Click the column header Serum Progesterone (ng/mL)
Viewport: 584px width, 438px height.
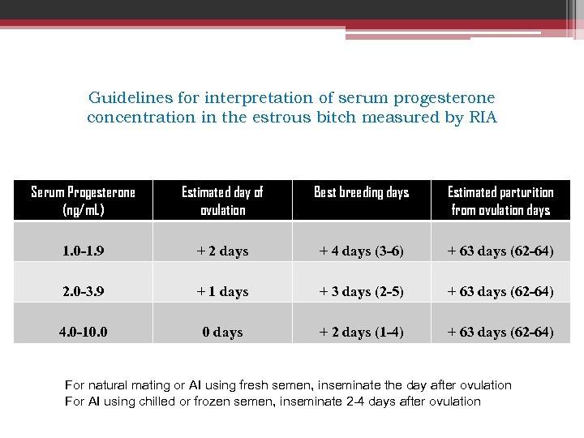83,200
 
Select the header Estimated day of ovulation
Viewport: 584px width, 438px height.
222,200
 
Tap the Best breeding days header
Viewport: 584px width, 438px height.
361,192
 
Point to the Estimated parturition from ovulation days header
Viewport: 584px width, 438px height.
500,200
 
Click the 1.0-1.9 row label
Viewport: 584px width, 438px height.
83,251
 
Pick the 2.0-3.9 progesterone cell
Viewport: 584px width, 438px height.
83,292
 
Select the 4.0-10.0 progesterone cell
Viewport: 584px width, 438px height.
83,333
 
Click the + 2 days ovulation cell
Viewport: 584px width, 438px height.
222,251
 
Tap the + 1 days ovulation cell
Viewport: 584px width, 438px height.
222,292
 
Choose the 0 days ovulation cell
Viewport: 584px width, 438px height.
222,333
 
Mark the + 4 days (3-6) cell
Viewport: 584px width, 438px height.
361,251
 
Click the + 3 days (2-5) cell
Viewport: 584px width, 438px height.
361,292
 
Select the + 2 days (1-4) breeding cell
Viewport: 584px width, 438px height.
361,333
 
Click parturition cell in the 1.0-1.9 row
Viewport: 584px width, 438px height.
500,251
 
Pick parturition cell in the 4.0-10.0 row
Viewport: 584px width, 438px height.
500,333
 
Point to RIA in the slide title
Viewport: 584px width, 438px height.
483,118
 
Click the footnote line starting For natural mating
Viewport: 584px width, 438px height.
288,385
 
